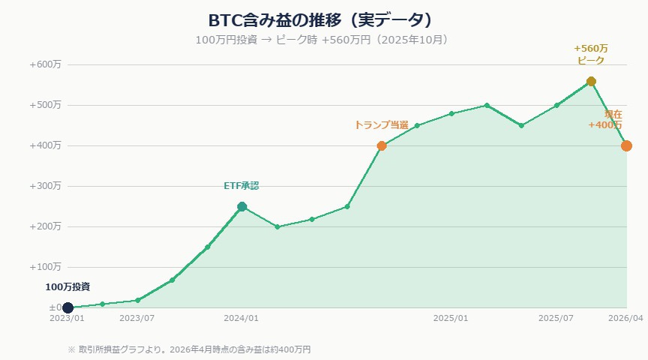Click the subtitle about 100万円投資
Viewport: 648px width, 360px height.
point(323,39)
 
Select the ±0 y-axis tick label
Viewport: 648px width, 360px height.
point(54,307)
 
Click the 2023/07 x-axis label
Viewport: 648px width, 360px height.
point(137,319)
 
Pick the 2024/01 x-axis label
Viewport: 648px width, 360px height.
point(241,319)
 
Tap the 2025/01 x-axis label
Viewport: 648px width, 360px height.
point(451,319)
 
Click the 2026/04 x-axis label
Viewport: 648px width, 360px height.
point(625,319)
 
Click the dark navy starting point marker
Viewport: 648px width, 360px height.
point(67,307)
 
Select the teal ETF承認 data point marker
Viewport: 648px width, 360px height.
point(241,206)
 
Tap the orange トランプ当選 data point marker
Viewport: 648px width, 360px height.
point(382,145)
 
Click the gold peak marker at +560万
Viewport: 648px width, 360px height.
point(591,81)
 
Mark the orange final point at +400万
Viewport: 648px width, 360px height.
point(626,145)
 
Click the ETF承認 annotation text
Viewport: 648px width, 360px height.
point(241,186)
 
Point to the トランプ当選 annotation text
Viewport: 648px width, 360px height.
point(381,125)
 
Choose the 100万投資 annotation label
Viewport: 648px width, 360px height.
point(67,286)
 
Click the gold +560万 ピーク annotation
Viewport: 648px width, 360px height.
point(591,54)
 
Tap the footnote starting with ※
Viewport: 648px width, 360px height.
point(189,349)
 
